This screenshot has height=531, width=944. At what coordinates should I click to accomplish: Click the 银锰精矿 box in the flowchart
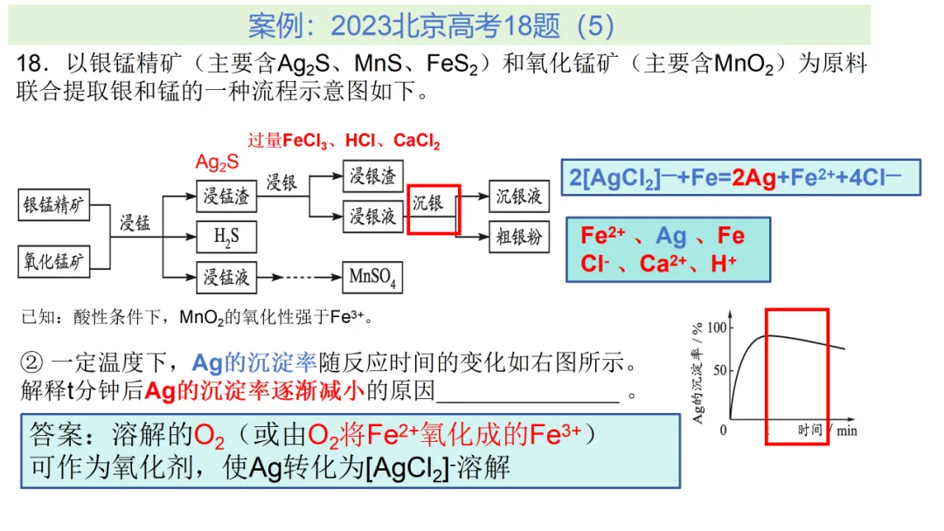pyautogui.click(x=54, y=205)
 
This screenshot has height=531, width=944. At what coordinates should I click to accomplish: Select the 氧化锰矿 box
pyautogui.click(x=54, y=260)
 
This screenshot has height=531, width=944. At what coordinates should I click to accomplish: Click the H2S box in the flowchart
pyautogui.click(x=226, y=236)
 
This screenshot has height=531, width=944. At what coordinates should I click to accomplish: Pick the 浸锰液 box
pyautogui.click(x=226, y=277)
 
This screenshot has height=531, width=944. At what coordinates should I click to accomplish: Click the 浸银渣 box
pyautogui.click(x=372, y=176)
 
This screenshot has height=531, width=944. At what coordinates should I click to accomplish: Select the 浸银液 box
pyautogui.click(x=372, y=215)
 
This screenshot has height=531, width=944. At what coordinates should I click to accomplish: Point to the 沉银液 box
pyautogui.click(x=519, y=196)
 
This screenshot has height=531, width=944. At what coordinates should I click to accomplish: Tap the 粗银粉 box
pyautogui.click(x=519, y=236)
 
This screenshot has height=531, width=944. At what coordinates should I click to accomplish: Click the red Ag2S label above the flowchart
pyautogui.click(x=217, y=162)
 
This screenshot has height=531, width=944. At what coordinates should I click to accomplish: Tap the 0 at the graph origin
pyautogui.click(x=724, y=430)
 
